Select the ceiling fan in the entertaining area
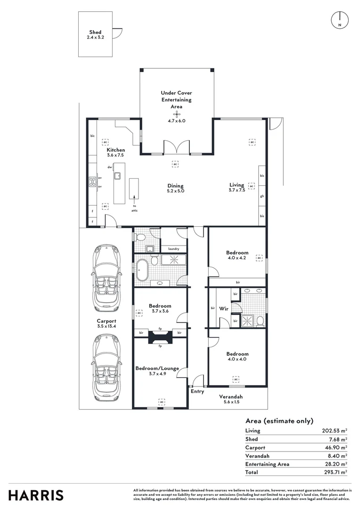(177, 114)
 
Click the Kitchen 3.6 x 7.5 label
(115, 152)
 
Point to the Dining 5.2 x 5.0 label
(175, 188)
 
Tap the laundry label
(174, 248)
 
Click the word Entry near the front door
(197, 391)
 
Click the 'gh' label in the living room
(262, 196)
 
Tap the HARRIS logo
(36, 495)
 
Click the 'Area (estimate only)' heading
(279, 421)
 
